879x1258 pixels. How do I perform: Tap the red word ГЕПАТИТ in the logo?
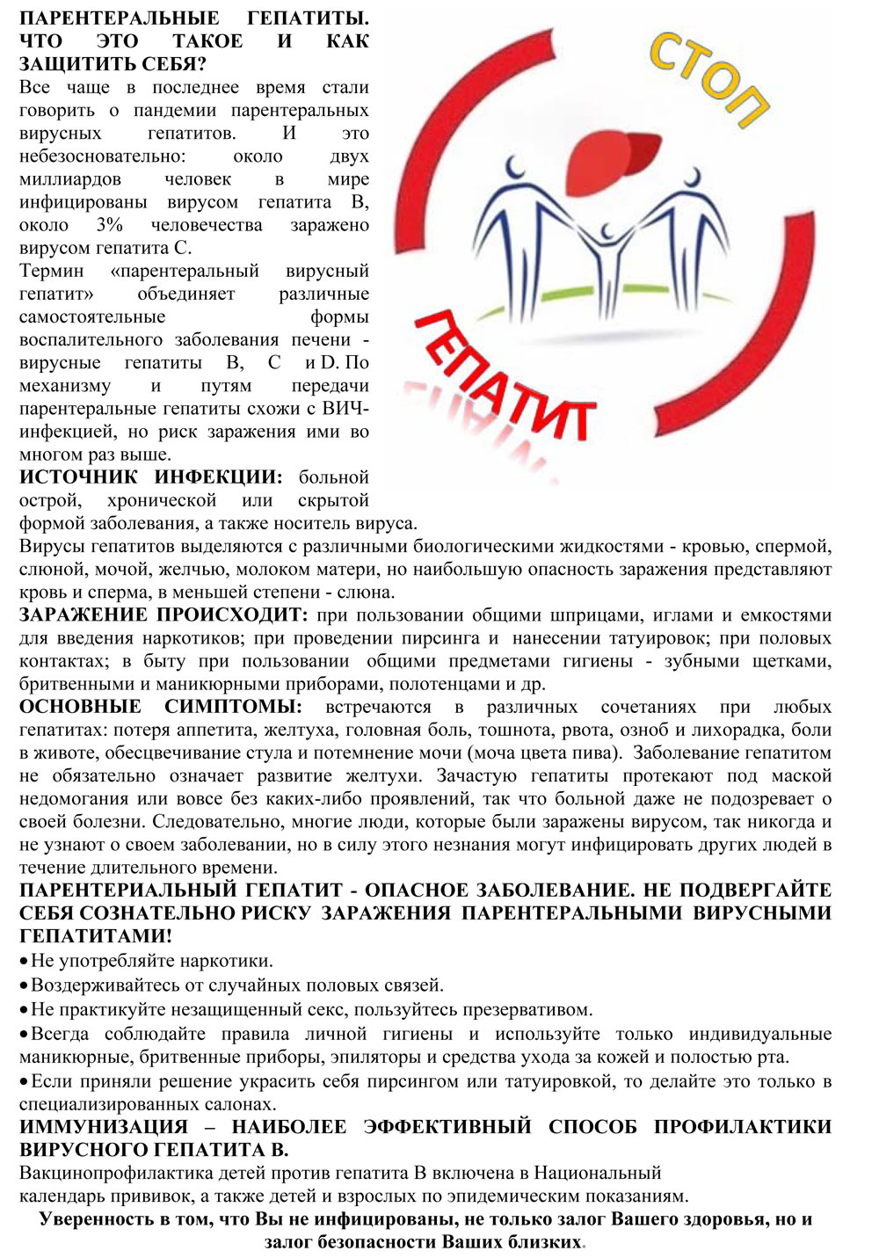coord(501,378)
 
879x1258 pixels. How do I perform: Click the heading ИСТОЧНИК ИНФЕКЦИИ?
coord(150,477)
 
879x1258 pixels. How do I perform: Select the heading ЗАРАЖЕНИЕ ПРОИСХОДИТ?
coord(163,614)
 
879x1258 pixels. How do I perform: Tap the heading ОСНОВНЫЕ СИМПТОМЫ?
coord(160,707)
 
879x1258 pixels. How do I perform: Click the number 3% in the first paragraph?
coord(110,225)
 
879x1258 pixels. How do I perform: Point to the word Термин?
coord(52,271)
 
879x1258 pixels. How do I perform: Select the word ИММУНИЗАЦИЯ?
coord(104,1126)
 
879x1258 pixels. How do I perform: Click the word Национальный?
coord(597,1173)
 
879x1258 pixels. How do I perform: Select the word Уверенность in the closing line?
coord(94,1219)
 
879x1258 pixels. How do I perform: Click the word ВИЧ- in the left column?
coord(346,409)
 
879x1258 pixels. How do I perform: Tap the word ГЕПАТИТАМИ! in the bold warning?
coord(96,935)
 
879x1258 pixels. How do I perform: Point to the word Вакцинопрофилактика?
coord(118,1173)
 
